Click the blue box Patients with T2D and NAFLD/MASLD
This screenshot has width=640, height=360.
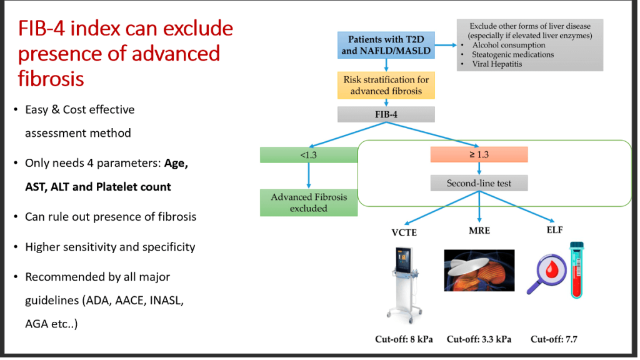click(x=386, y=45)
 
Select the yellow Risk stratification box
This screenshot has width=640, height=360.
click(x=386, y=85)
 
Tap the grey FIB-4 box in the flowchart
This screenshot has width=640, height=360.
click(x=386, y=114)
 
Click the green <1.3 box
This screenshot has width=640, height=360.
click(x=309, y=154)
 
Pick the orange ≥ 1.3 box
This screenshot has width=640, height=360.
click(x=479, y=154)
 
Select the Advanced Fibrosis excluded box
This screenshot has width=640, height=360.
click(x=309, y=202)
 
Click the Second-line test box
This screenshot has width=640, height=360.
click(x=479, y=184)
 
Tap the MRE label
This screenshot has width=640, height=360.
click(x=479, y=231)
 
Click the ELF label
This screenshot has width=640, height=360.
click(x=554, y=230)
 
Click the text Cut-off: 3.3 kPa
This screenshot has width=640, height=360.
click(x=479, y=339)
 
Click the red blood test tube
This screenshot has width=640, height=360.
click(x=575, y=270)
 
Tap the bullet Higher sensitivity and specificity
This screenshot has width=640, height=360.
click(x=110, y=247)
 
